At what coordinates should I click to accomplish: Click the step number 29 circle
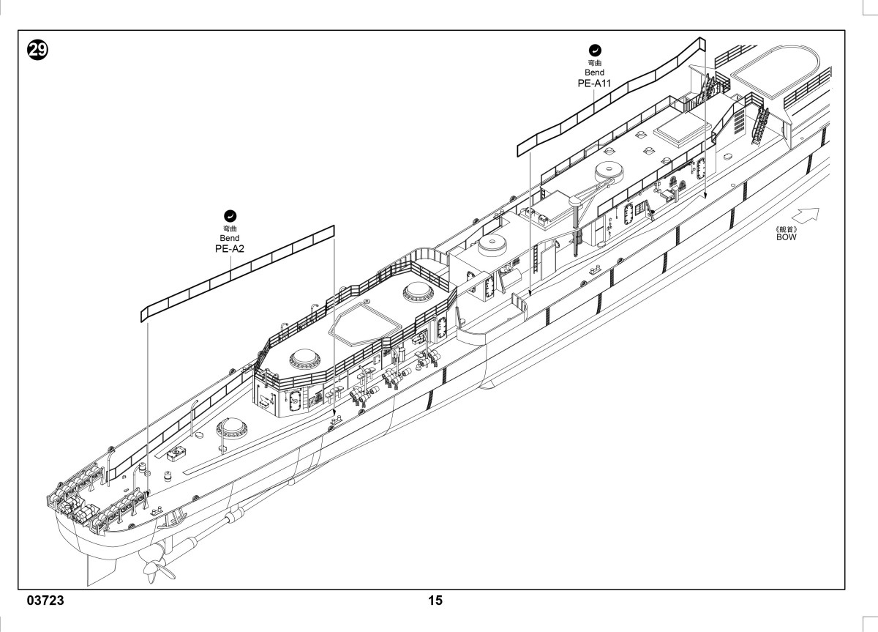point(37,51)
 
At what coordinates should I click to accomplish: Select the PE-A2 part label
point(230,249)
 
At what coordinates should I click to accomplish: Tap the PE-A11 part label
point(594,83)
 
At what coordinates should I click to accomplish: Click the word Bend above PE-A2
point(230,238)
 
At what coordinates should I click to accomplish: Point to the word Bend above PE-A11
point(595,73)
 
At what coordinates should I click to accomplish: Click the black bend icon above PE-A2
point(230,216)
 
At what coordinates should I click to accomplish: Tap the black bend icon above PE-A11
point(595,51)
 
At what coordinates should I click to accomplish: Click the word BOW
point(787,237)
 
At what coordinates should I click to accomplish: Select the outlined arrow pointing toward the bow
point(806,216)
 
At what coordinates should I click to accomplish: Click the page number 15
point(435,601)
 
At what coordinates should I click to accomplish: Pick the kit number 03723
point(45,601)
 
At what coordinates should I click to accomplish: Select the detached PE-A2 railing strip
point(238,274)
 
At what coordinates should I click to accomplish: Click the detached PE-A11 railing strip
point(611,97)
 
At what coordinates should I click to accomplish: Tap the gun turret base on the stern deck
point(232,428)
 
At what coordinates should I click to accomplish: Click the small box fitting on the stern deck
point(176,454)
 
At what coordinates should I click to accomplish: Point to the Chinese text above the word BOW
point(787,229)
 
